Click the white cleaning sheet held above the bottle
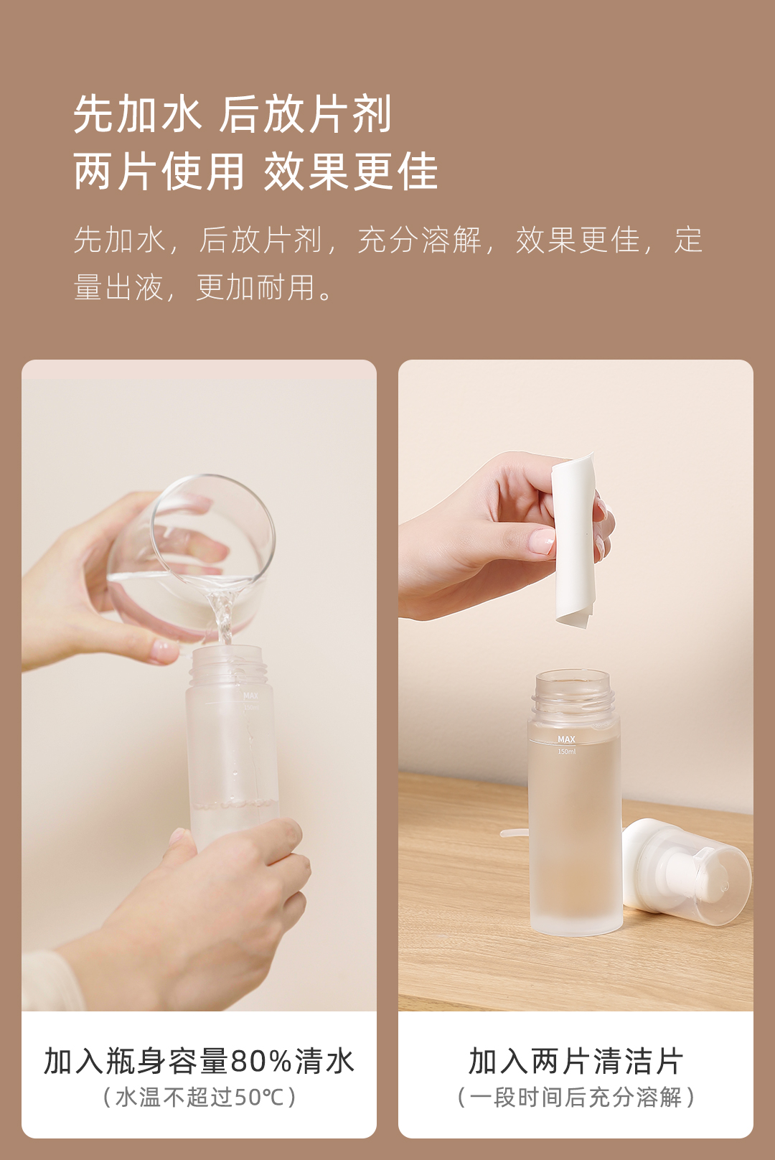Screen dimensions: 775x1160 (x=573, y=541)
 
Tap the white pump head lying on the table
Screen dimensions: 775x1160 (x=686, y=872)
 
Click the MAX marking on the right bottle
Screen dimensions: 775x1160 (x=566, y=739)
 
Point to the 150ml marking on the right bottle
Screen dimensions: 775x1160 (x=566, y=751)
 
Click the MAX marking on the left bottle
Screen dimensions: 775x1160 (x=250, y=696)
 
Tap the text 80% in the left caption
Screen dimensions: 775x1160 (x=261, y=1061)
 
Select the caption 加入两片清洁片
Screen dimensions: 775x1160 (x=576, y=1061)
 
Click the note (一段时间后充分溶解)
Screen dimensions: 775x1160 (x=576, y=1097)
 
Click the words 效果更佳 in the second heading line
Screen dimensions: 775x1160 (x=351, y=172)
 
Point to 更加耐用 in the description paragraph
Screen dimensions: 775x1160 (x=255, y=287)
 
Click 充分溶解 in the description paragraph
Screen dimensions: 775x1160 (x=420, y=240)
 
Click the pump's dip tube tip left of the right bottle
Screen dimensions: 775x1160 (x=503, y=833)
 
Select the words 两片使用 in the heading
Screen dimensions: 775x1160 (x=159, y=172)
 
